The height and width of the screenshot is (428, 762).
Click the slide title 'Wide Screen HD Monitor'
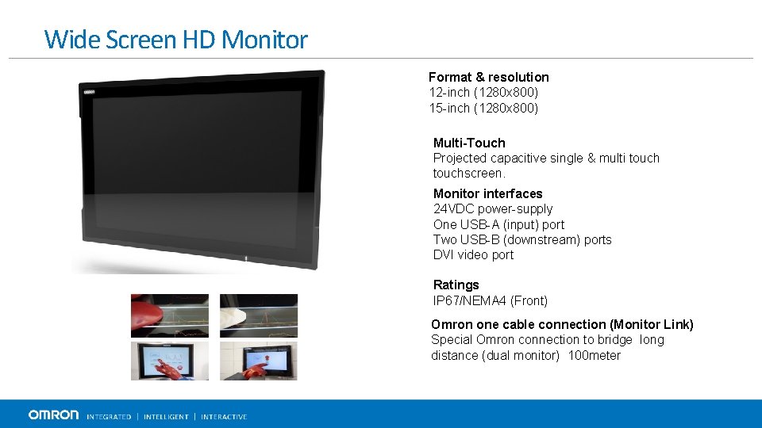click(176, 39)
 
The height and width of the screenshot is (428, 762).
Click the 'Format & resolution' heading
click(488, 77)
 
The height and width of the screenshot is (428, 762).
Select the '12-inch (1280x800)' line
click(483, 93)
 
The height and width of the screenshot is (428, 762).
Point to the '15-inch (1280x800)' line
click(483, 108)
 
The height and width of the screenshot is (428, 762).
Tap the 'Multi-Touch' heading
click(469, 143)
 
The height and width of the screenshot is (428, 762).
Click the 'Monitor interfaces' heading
click(487, 193)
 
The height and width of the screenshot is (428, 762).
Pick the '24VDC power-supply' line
click(492, 208)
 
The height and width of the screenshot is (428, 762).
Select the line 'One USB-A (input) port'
click(498, 224)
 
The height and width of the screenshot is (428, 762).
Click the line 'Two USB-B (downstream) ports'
click(522, 239)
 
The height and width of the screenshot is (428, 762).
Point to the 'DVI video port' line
click(473, 254)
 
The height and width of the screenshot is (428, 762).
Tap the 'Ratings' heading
click(456, 285)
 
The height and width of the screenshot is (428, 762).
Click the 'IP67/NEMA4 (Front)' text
click(490, 300)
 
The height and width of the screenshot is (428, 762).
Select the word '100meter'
click(595, 355)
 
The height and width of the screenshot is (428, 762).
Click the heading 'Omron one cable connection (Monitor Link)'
click(562, 324)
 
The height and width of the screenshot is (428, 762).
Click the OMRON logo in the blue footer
click(53, 415)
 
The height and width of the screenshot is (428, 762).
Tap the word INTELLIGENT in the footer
click(166, 417)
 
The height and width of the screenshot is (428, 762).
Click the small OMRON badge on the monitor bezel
click(90, 92)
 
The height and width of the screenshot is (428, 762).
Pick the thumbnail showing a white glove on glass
click(258, 315)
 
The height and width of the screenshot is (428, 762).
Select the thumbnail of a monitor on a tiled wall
click(258, 361)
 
